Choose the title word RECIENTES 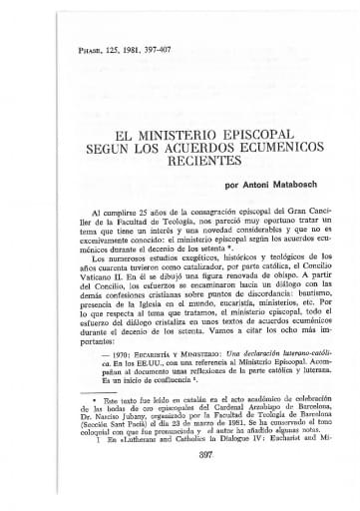point(180,160)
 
